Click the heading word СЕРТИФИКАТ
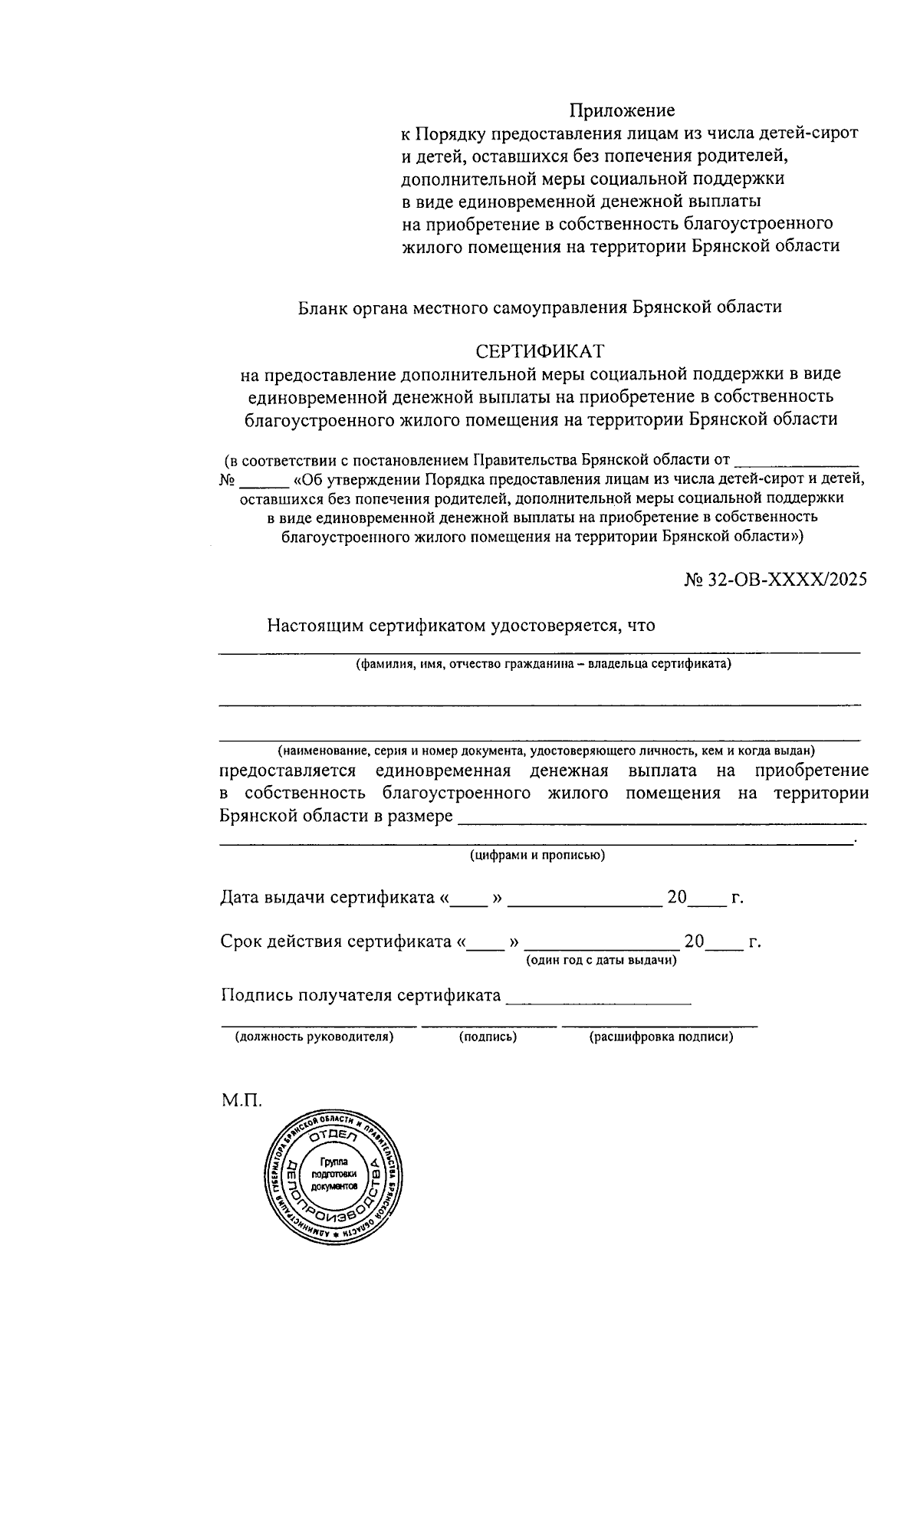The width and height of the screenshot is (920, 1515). pyautogui.click(x=540, y=351)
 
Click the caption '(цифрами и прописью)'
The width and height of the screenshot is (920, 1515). pyautogui.click(x=537, y=856)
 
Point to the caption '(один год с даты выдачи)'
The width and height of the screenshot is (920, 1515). pyautogui.click(x=600, y=960)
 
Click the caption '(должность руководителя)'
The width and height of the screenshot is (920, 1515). pyautogui.click(x=314, y=1037)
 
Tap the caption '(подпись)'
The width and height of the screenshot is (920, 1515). pyautogui.click(x=488, y=1037)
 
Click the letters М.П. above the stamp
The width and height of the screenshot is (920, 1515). pyautogui.click(x=242, y=1102)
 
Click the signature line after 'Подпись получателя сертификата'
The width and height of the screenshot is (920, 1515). pyautogui.click(x=599, y=999)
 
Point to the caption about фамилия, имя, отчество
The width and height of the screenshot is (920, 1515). pyautogui.click(x=543, y=664)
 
